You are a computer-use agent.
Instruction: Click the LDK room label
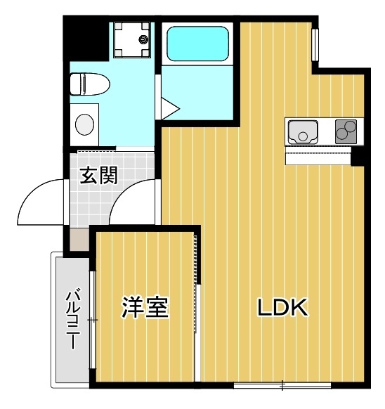point(282,308)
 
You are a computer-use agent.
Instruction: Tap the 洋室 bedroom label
point(145,308)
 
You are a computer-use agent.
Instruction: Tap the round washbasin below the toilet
point(84,124)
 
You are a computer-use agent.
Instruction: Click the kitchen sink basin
point(303,131)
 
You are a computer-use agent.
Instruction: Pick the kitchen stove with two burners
point(346,131)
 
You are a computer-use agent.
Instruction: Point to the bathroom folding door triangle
point(170,108)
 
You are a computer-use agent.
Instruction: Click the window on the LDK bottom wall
point(281,384)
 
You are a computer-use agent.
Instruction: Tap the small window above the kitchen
point(315,46)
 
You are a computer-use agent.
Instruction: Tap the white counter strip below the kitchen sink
point(318,156)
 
